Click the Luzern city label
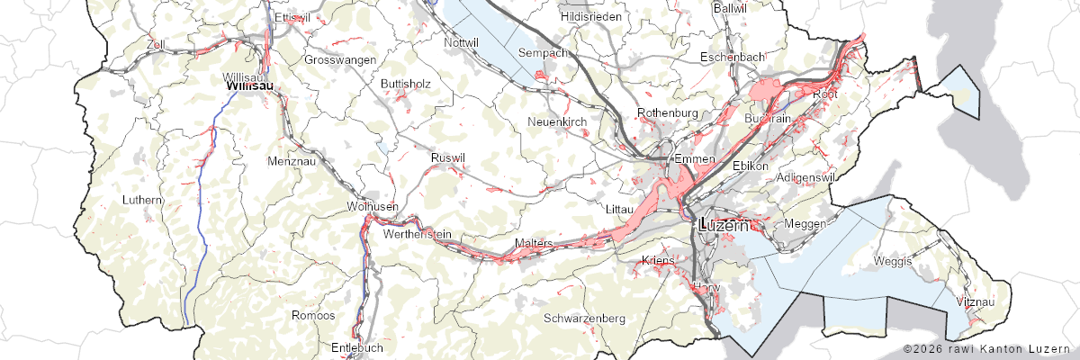(724, 226)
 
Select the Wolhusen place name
(372, 207)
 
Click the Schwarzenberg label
(584, 319)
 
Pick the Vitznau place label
(976, 301)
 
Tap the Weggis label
(894, 261)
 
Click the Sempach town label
(544, 53)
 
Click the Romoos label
(313, 316)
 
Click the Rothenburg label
(667, 112)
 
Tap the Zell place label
(156, 43)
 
